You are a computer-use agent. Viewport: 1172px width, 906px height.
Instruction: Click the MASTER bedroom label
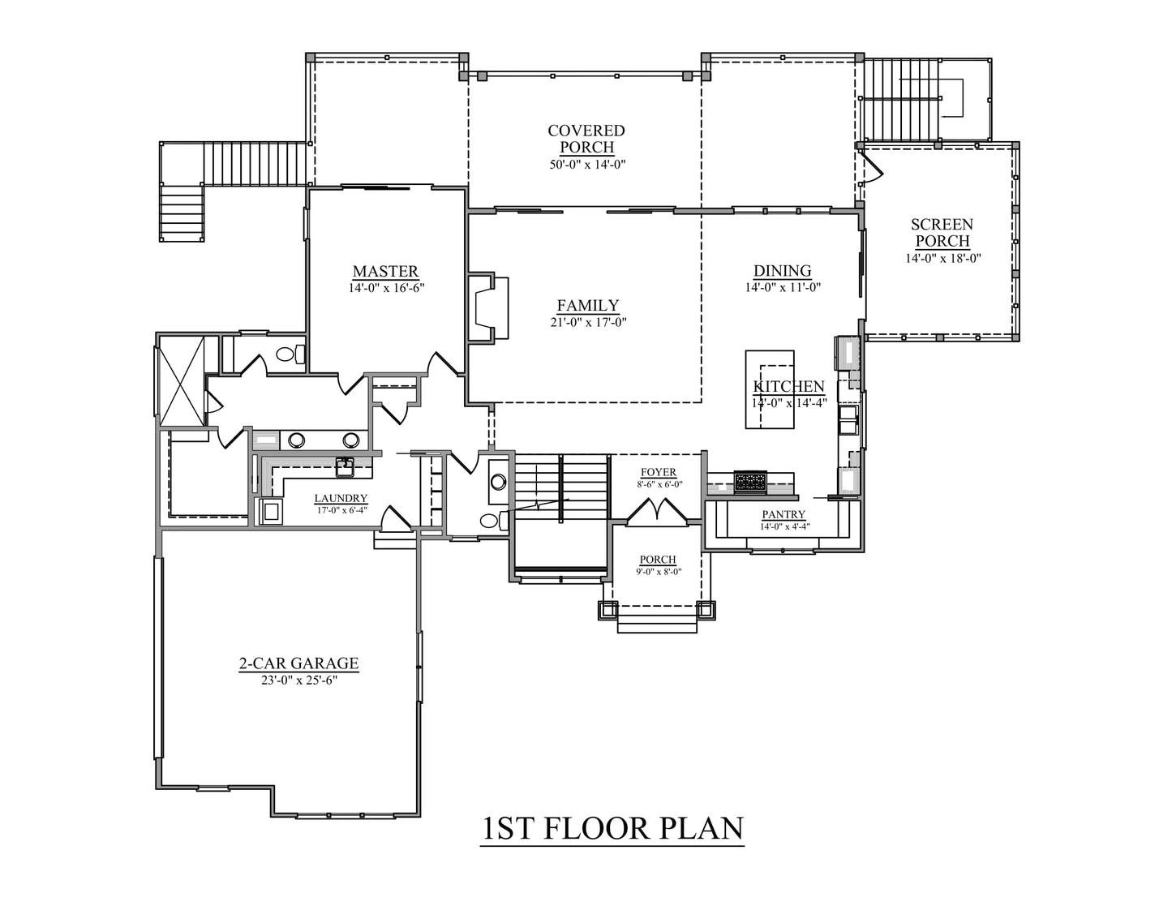(x=385, y=271)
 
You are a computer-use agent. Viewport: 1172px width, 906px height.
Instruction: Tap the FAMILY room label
(x=588, y=305)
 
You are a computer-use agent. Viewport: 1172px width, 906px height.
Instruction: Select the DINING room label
(x=782, y=270)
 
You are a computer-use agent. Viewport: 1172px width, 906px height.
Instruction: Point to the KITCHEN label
(x=788, y=386)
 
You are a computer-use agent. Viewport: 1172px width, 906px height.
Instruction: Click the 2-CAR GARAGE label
(x=298, y=663)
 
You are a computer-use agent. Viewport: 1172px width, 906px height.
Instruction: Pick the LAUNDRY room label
(x=341, y=498)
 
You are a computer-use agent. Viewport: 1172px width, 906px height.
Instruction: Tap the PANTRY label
(x=783, y=514)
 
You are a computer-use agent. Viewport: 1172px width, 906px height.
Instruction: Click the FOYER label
(x=659, y=472)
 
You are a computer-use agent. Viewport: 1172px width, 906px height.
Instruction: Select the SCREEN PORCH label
(x=942, y=233)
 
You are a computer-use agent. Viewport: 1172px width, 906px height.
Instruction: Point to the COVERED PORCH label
(x=586, y=139)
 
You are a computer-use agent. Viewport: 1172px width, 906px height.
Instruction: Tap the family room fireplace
(x=488, y=308)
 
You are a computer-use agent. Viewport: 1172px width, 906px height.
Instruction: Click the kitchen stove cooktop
(x=750, y=482)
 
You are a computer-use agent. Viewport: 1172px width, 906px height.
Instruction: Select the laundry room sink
(x=345, y=467)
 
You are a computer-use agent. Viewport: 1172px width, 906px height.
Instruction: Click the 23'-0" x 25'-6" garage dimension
(x=298, y=680)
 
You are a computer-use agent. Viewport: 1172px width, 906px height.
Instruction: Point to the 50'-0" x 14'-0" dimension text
(x=587, y=165)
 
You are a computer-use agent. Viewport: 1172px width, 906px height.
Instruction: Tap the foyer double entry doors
(x=657, y=511)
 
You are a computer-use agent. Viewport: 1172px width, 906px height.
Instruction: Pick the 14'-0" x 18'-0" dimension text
(x=942, y=258)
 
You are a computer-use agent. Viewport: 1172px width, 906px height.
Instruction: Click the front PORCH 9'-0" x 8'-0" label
(x=659, y=565)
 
